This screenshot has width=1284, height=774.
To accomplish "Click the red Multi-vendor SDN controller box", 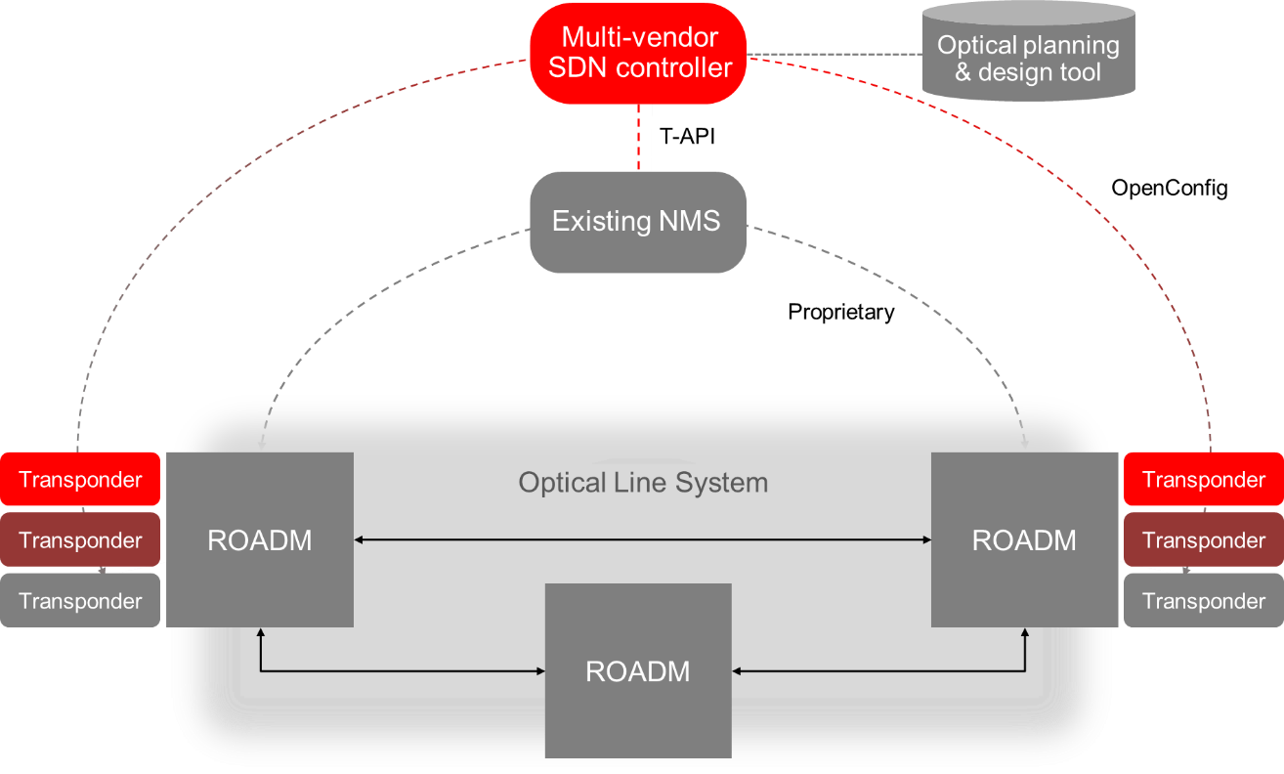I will [638, 53].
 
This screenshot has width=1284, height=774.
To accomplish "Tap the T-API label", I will [687, 137].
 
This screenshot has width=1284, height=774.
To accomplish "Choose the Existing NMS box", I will [637, 221].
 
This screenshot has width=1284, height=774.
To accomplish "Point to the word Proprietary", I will [840, 313].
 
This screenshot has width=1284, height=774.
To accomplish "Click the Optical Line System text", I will [643, 483].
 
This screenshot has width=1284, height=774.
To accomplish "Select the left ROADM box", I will [259, 539].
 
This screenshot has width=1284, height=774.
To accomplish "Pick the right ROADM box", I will [1024, 539].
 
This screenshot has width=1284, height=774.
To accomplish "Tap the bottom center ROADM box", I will [637, 670].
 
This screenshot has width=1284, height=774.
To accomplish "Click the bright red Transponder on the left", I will [80, 480].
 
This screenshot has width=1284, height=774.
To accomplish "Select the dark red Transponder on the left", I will [80, 540].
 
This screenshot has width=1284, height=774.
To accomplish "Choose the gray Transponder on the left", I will [80, 600].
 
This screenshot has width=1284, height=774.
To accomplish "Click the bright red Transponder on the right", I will [1203, 480].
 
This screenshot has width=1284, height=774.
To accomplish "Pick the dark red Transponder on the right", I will [1203, 540].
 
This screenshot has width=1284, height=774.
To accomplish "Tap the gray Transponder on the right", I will [1203, 600].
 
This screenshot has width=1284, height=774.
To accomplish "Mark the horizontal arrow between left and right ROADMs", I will [642, 539].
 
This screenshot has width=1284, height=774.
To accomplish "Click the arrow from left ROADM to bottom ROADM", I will [391, 670].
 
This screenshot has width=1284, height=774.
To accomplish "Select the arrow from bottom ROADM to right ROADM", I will [879, 670].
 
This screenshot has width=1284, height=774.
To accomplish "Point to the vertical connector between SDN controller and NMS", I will [644, 137].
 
